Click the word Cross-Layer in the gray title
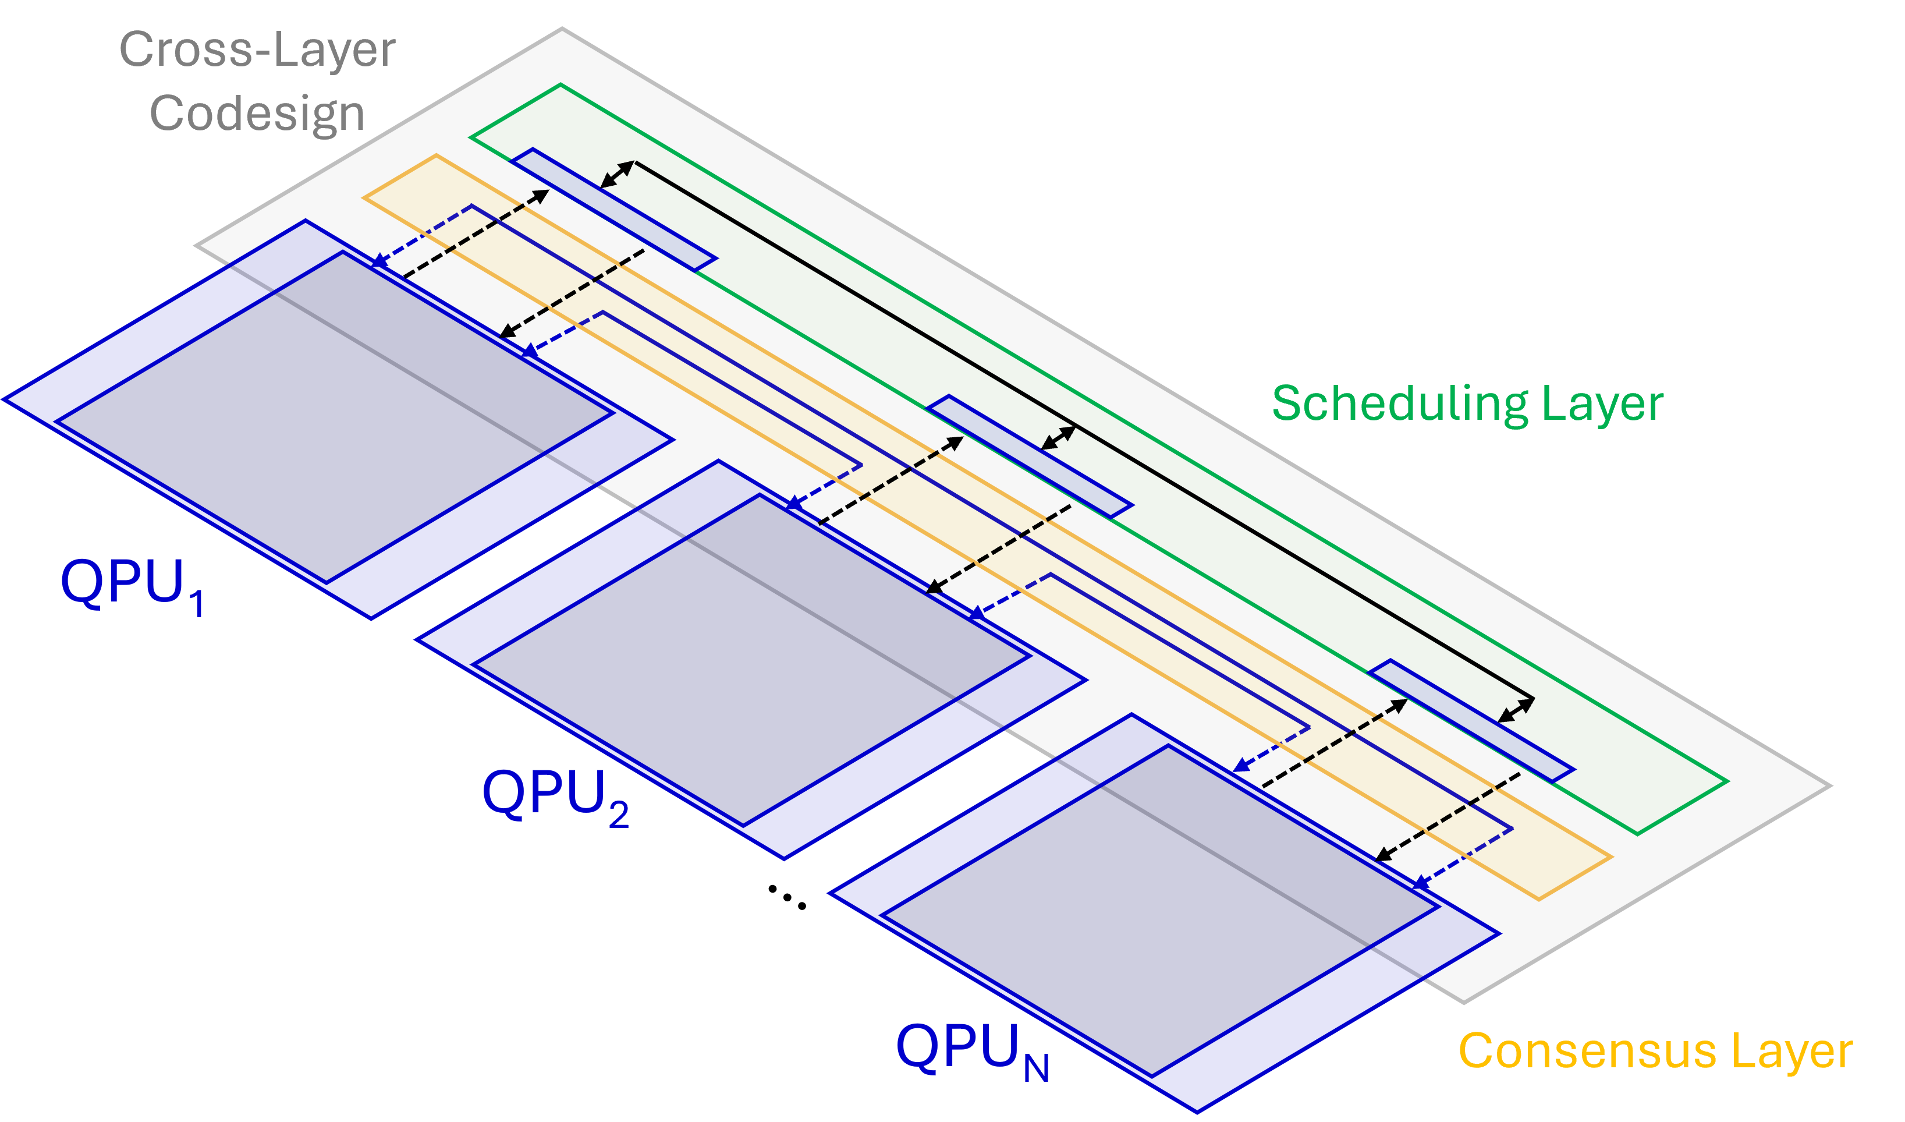[257, 50]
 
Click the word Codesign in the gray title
[257, 114]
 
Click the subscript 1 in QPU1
[197, 604]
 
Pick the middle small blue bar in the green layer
[1030, 456]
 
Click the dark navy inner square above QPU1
[336, 416]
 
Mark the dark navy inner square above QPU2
[752, 658]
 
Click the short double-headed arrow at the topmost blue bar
[618, 175]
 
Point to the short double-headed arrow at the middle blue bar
[1058, 438]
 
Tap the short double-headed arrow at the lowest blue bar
[1516, 710]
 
